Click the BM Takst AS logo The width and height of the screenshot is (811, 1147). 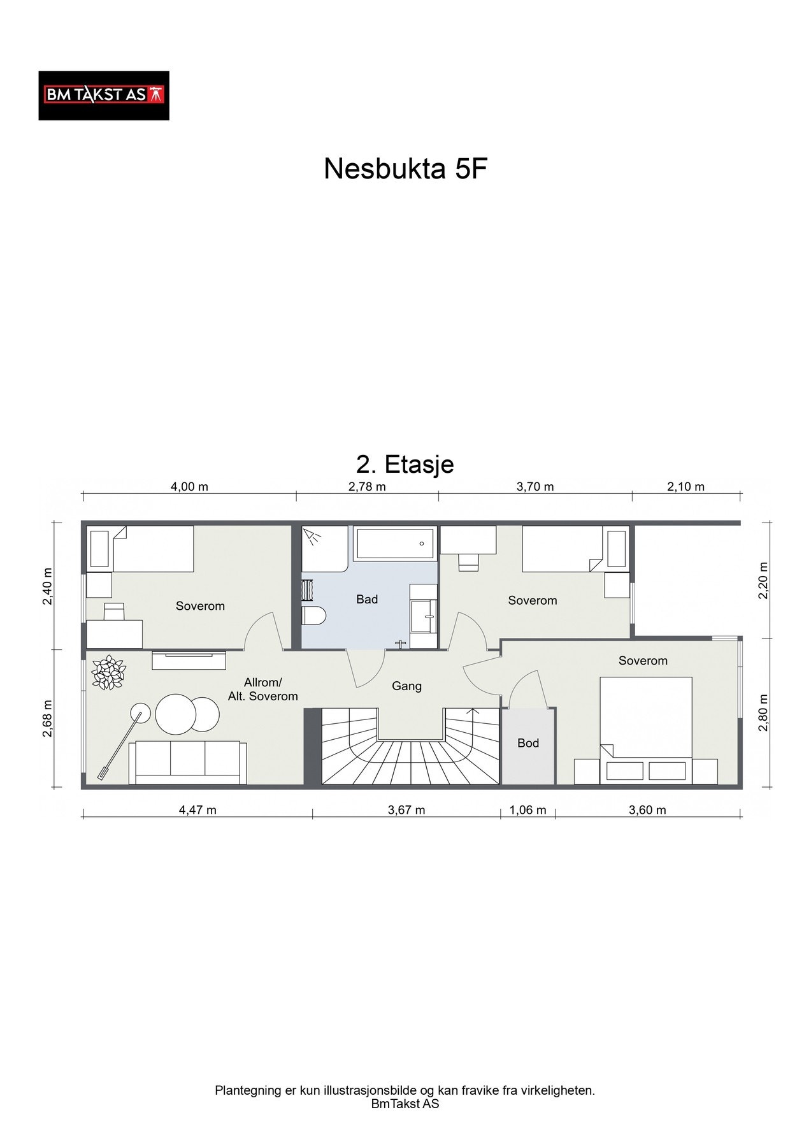[x=104, y=96]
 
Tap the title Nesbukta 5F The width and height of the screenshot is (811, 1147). [x=405, y=170]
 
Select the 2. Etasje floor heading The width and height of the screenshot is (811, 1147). [x=405, y=464]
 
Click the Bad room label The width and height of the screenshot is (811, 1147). [x=367, y=599]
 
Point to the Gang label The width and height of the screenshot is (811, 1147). [x=406, y=686]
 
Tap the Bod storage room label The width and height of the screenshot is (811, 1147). [x=528, y=743]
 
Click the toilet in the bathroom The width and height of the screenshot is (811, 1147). [x=313, y=616]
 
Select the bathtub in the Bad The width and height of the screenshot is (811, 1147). [x=395, y=544]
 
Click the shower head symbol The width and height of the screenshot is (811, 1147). [x=312, y=537]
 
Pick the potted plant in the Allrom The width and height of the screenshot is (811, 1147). [x=108, y=672]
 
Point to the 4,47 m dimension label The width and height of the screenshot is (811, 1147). [x=197, y=811]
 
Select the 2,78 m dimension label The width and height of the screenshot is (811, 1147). [x=367, y=487]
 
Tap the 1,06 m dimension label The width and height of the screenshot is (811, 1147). [x=528, y=811]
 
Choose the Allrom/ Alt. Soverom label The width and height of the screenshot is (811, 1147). [x=263, y=689]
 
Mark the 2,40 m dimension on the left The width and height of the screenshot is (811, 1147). [x=48, y=587]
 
